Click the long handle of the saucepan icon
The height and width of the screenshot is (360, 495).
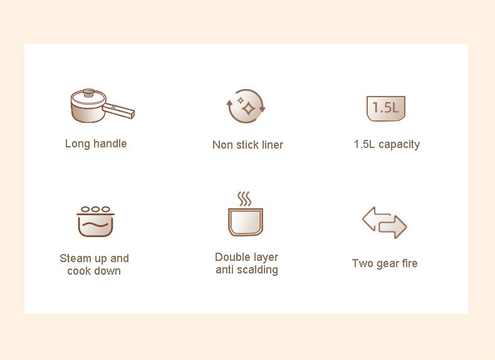(x=118, y=110)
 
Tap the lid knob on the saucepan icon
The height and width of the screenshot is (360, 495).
(x=89, y=92)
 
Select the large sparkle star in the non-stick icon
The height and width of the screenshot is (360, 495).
(x=249, y=108)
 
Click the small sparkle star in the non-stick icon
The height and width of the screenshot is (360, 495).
(x=241, y=100)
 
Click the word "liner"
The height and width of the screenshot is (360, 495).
(x=273, y=145)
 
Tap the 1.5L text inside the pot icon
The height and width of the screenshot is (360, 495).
(x=385, y=107)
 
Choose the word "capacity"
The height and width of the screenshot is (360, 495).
(x=399, y=145)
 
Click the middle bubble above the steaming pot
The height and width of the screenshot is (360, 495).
(x=95, y=209)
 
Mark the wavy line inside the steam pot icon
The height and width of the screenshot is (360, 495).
(x=95, y=225)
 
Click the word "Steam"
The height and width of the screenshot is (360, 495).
(x=75, y=258)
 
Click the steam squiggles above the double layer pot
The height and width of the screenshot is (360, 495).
(x=244, y=199)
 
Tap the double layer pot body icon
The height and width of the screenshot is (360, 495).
(x=246, y=222)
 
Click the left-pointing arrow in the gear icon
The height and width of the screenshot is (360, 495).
(x=375, y=219)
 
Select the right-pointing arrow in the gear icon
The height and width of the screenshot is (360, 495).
(x=393, y=227)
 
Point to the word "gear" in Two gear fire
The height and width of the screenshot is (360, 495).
(x=385, y=263)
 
